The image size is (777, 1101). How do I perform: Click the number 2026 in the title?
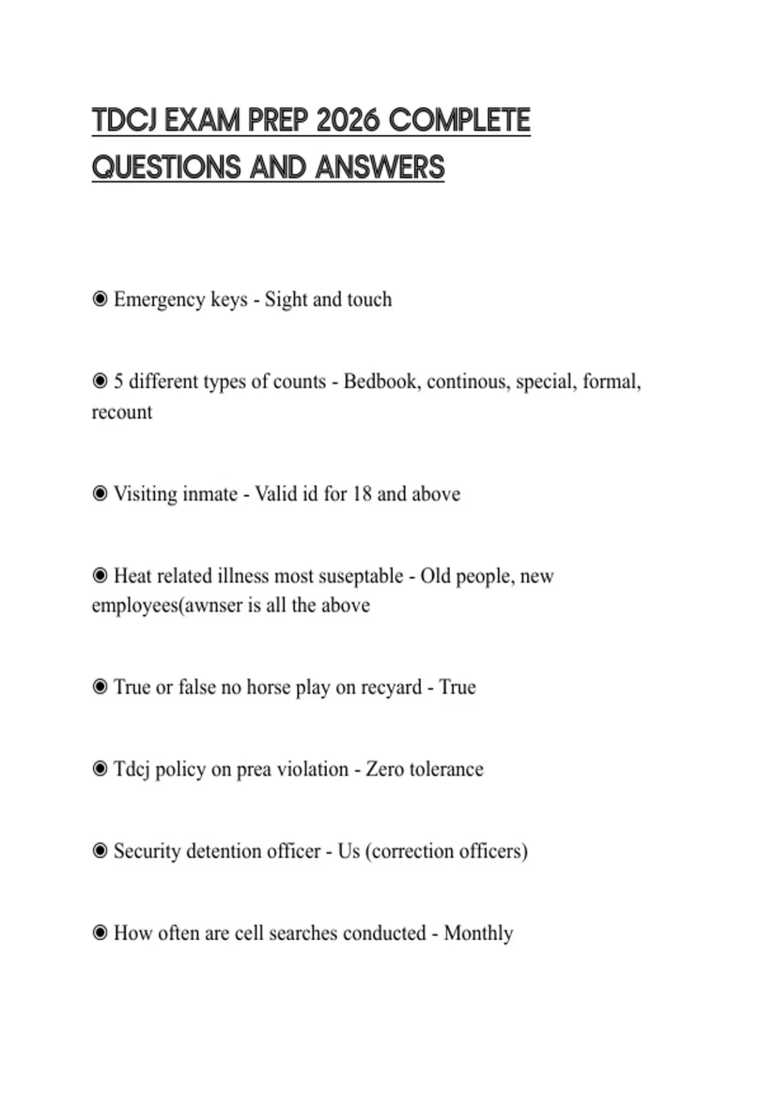tap(349, 121)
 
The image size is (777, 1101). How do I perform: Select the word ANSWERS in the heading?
tap(380, 168)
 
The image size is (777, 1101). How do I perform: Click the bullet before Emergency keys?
tap(100, 299)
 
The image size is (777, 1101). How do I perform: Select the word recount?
tap(122, 412)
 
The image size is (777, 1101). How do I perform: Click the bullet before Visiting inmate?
tap(100, 494)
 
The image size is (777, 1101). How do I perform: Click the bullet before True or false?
tap(100, 687)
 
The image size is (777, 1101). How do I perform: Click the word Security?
tap(146, 851)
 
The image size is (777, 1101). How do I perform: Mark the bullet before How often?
tap(100, 933)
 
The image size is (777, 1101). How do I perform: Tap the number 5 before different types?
tap(118, 381)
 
